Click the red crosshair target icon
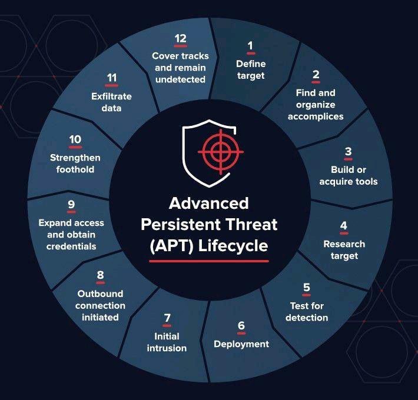220,152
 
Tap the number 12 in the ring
181,39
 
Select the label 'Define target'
251,70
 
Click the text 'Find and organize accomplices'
316,105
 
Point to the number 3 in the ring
348,151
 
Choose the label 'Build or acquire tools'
349,175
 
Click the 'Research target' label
344,250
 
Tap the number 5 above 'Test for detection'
307,287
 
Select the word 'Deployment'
241,344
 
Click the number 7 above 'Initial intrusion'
167,318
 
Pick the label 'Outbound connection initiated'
100,305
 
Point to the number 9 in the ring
71,204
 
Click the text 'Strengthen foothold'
75,164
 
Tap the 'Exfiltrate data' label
111,102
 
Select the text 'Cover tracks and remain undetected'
181,68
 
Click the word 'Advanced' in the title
209,203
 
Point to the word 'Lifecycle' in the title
233,246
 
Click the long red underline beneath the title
209,261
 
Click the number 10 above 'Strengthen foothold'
75,139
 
